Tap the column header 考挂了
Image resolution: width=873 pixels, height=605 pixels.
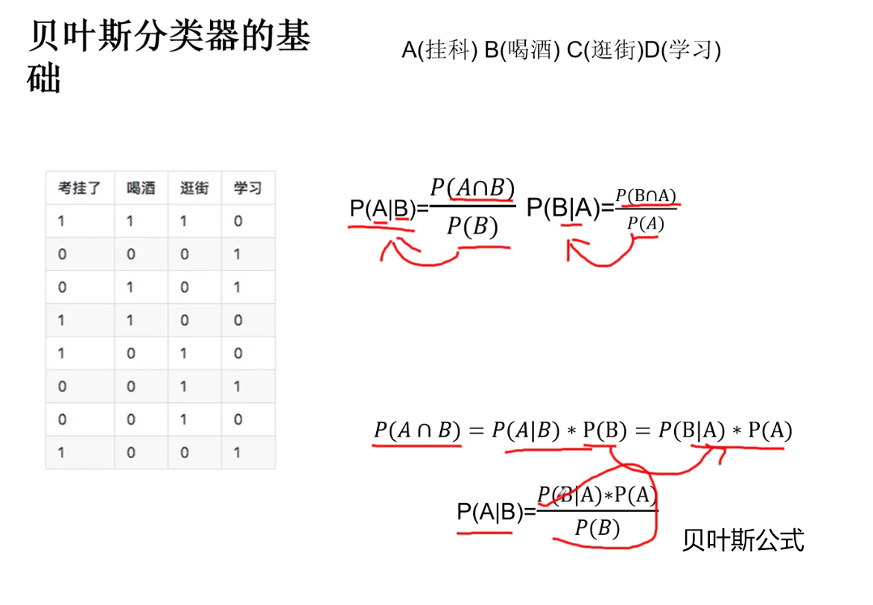80,188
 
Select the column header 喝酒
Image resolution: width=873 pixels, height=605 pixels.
141,188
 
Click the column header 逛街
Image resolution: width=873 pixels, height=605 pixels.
194,188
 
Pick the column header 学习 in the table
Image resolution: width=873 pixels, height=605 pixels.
247,188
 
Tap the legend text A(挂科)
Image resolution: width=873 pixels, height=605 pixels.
439,51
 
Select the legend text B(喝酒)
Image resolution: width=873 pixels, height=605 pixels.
521,51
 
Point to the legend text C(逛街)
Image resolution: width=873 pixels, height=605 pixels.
604,51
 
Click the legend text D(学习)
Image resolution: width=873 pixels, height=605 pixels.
682,51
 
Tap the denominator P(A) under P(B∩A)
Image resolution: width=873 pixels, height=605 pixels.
645,223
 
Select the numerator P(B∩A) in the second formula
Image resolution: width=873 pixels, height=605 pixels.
646,196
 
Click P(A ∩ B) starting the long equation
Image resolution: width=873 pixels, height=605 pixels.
417,431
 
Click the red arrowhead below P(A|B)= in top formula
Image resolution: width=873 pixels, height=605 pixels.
386,246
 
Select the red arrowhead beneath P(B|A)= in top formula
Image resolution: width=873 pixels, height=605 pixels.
572,246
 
